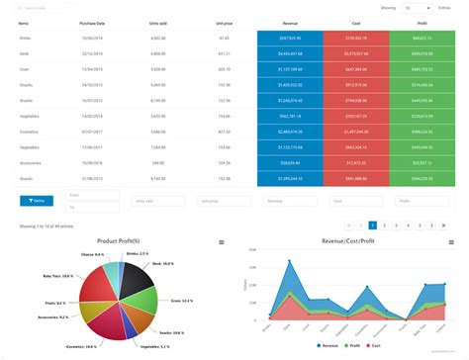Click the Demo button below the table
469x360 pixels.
click(x=37, y=200)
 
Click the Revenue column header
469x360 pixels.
click(x=289, y=20)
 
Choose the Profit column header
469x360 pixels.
click(x=423, y=20)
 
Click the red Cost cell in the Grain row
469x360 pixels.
click(x=355, y=69)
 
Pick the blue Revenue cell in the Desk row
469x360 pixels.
click(x=289, y=53)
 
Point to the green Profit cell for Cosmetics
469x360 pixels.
click(x=423, y=132)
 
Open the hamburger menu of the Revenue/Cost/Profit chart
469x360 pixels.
click(x=452, y=242)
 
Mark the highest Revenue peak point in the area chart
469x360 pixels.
click(x=289, y=261)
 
